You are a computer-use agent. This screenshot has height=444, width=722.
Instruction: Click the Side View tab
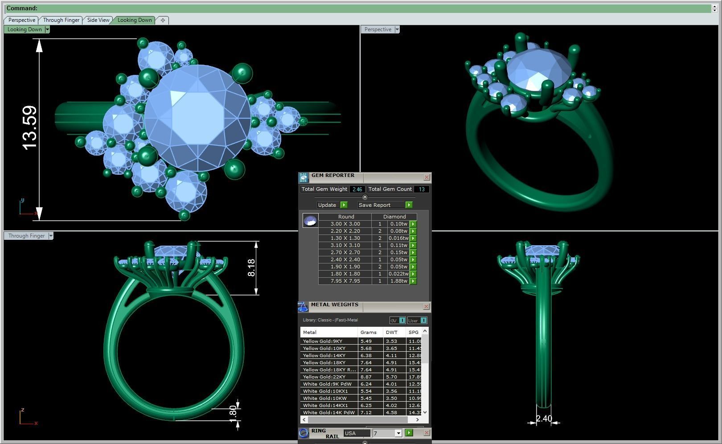pyautogui.click(x=98, y=20)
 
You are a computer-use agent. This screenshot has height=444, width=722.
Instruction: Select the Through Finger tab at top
pyautogui.click(x=61, y=20)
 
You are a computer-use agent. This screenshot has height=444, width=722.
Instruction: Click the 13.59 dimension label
pyautogui.click(x=29, y=127)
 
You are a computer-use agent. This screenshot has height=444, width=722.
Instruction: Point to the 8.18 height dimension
pyautogui.click(x=251, y=268)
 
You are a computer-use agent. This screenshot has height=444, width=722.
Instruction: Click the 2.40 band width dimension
pyautogui.click(x=544, y=419)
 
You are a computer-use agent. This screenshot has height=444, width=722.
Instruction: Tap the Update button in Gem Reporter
pyautogui.click(x=327, y=205)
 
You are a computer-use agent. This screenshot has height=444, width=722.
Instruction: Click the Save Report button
pyautogui.click(x=374, y=205)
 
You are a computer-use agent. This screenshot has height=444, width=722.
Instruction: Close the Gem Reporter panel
pyautogui.click(x=427, y=177)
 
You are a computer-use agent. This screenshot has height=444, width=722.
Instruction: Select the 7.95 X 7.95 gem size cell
pyautogui.click(x=345, y=281)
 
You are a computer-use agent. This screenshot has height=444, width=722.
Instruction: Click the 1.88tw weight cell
pyautogui.click(x=398, y=281)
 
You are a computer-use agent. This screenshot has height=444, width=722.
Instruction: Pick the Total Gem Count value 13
pyautogui.click(x=421, y=189)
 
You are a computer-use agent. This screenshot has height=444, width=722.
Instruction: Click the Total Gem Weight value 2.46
pyautogui.click(x=357, y=189)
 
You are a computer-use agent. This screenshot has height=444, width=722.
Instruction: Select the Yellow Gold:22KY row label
pyautogui.click(x=324, y=377)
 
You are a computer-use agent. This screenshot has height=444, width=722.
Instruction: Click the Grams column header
pyautogui.click(x=369, y=332)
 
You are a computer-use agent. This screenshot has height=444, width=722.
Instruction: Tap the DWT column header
pyautogui.click(x=392, y=332)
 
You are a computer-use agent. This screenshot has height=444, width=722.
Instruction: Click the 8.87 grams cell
pyautogui.click(x=366, y=377)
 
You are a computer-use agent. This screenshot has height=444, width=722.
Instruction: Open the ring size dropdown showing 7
pyautogui.click(x=398, y=433)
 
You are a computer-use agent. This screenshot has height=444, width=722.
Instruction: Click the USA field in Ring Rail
pyautogui.click(x=357, y=433)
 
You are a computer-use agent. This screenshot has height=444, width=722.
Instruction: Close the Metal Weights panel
pyautogui.click(x=426, y=307)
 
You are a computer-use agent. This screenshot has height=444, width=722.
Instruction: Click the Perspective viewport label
pyautogui.click(x=377, y=29)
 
